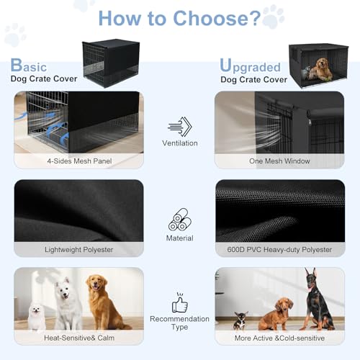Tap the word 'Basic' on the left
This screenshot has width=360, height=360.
coord(32,66)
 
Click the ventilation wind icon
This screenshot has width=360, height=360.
coord(179,127)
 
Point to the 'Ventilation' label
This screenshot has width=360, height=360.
coord(179,143)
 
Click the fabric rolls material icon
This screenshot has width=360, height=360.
coord(179,219)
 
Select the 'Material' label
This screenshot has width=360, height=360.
coord(179,238)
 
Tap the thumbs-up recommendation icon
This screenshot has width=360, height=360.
coord(179,302)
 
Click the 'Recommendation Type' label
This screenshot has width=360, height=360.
coord(179,323)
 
